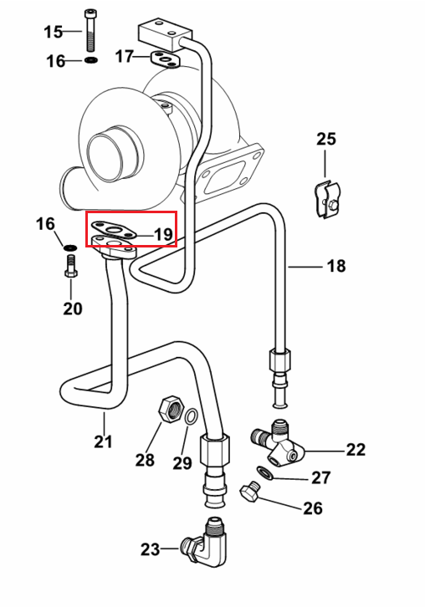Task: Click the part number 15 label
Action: click(53, 32)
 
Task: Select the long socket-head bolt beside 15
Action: click(90, 31)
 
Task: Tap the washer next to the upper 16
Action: click(90, 60)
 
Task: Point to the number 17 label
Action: click(125, 57)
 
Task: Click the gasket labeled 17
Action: click(166, 59)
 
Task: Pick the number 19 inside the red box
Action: click(163, 235)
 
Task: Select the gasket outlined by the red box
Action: click(114, 230)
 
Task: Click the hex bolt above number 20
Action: click(70, 266)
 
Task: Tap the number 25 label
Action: click(326, 139)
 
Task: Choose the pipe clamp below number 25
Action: click(327, 199)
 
